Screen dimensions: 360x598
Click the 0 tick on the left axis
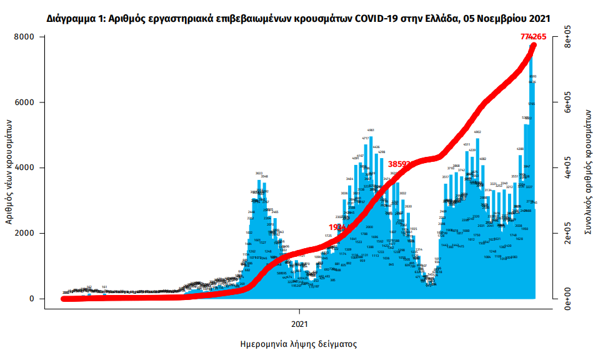coord(32,299)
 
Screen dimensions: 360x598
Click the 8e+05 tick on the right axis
coord(568,37)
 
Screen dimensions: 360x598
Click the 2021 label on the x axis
coord(300,324)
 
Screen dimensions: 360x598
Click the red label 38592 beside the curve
coord(400,164)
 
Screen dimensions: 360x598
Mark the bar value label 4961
coord(371,130)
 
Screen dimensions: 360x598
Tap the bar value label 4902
coord(478,132)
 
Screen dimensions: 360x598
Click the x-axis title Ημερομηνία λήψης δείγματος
coord(298,344)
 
